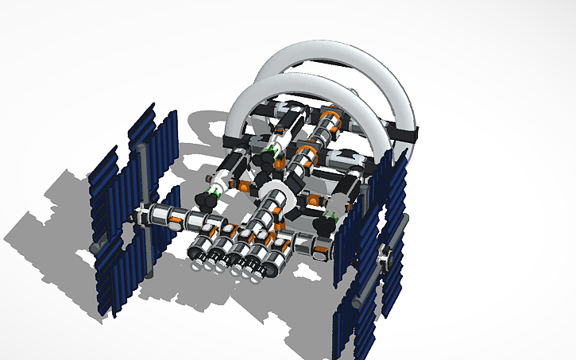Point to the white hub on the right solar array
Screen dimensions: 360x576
tap(386, 256)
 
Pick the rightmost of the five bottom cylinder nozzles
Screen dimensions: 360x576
tap(271, 271)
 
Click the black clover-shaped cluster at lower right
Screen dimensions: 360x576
tap(324, 225)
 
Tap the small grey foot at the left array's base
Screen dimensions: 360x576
tap(95, 248)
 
